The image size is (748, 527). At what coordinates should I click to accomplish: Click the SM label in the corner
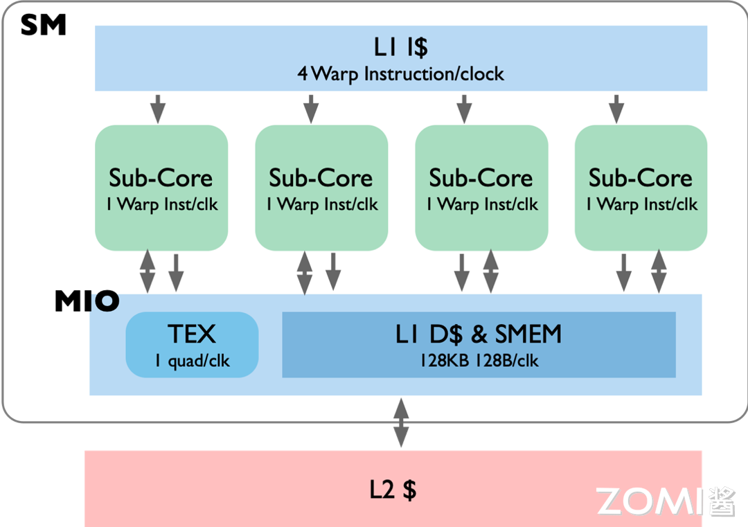click(43, 26)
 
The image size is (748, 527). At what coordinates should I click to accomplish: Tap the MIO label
click(87, 301)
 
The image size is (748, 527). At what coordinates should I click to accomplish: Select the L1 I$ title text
click(400, 48)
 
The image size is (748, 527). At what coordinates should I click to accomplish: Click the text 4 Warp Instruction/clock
click(400, 73)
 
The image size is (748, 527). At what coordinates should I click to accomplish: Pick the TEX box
click(192, 344)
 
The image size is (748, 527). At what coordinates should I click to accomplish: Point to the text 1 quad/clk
click(192, 361)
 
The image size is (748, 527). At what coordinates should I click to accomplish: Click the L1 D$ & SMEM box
click(479, 344)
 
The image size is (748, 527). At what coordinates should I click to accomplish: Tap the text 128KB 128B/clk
click(479, 361)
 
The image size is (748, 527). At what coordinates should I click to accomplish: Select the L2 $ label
click(393, 490)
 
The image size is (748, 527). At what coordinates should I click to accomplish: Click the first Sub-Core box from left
click(161, 188)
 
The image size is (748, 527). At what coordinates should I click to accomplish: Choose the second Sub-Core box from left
click(321, 188)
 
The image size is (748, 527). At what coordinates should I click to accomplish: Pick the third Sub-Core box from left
click(481, 188)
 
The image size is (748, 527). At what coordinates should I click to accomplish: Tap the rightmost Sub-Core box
click(641, 188)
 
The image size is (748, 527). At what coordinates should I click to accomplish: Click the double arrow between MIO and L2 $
click(400, 422)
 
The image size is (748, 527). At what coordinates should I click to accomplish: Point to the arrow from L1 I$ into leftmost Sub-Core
click(159, 108)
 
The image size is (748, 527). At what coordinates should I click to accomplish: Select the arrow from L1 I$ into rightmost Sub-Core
click(616, 108)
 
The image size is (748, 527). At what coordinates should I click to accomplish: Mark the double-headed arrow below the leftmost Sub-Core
click(148, 271)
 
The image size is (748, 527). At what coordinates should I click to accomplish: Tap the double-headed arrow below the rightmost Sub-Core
click(659, 271)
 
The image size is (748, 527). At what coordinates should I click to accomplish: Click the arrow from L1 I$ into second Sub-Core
click(311, 108)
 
